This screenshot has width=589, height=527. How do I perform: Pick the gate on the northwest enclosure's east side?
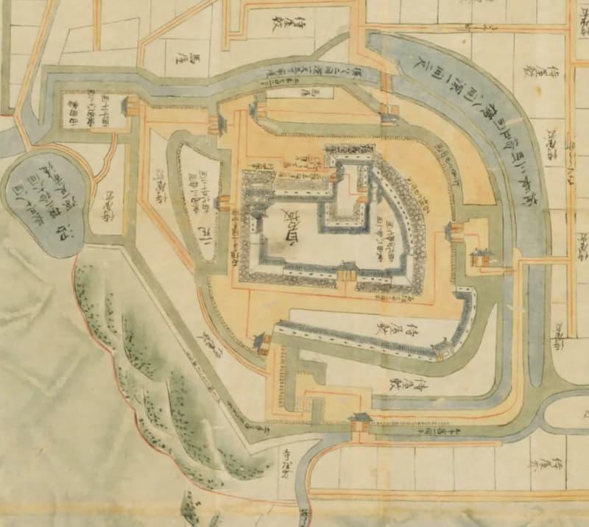click(133, 108)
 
